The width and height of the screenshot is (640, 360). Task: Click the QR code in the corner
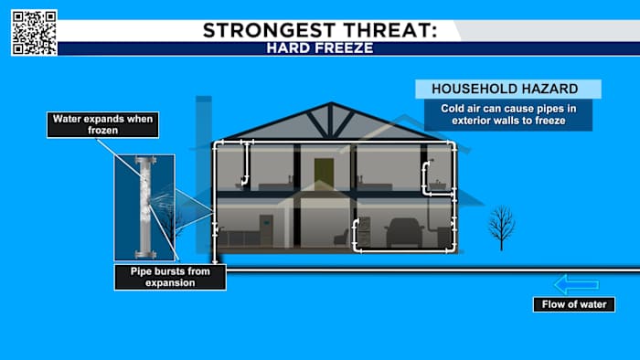(x=34, y=32)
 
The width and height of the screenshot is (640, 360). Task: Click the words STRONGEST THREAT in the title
(x=319, y=29)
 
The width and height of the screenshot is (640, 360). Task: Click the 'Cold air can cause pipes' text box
(x=509, y=114)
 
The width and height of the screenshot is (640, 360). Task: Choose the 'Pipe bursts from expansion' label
(x=170, y=277)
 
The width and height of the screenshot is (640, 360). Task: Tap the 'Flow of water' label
(x=573, y=305)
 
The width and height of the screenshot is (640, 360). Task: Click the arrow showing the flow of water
(x=576, y=284)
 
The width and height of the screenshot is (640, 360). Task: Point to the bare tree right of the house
(x=500, y=226)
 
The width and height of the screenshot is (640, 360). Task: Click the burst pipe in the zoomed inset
(x=145, y=206)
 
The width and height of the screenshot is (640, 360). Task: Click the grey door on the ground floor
(x=266, y=230)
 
